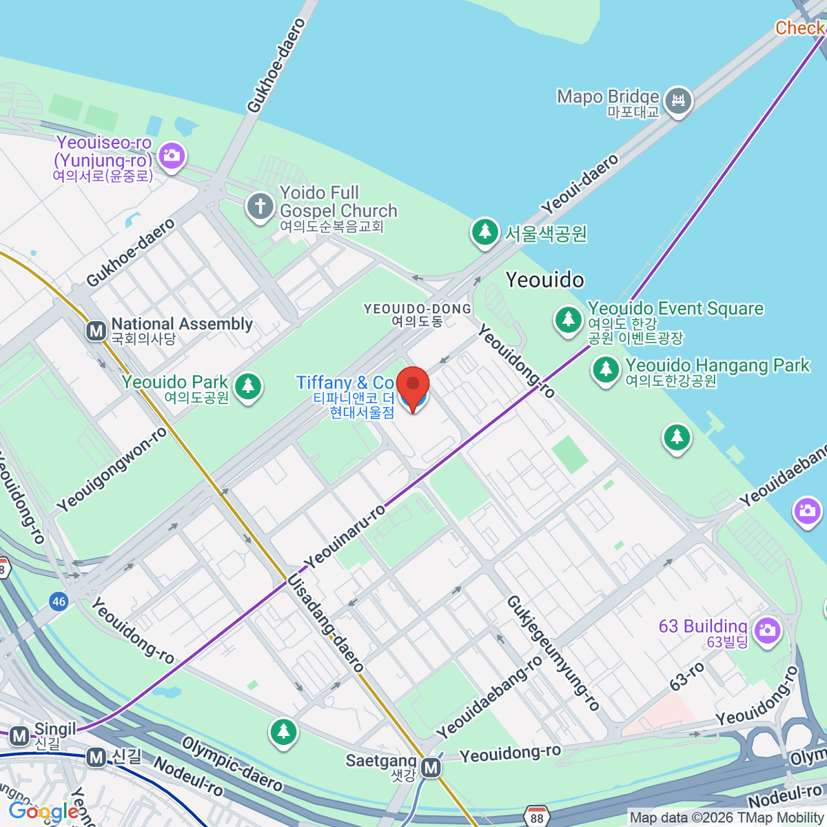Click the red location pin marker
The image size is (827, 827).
point(413,386)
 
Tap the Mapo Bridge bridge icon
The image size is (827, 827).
point(679,101)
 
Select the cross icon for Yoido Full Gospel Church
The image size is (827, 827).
point(260,206)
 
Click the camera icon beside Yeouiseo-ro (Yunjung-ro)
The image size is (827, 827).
point(171,155)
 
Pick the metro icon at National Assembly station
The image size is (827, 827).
point(96,331)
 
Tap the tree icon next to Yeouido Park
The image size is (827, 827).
point(248,386)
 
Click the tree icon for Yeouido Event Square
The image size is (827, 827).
point(569,320)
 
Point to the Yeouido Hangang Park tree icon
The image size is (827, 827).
point(606,369)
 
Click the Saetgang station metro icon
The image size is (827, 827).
point(431,767)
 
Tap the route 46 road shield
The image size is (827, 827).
point(59,602)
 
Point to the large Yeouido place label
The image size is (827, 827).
point(544,280)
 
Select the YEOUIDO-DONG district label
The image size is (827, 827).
point(418,315)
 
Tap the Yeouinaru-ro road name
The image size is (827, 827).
point(346,537)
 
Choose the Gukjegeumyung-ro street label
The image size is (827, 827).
point(553,653)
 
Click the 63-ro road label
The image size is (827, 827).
point(687,676)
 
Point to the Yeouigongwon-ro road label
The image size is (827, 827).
point(112,469)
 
